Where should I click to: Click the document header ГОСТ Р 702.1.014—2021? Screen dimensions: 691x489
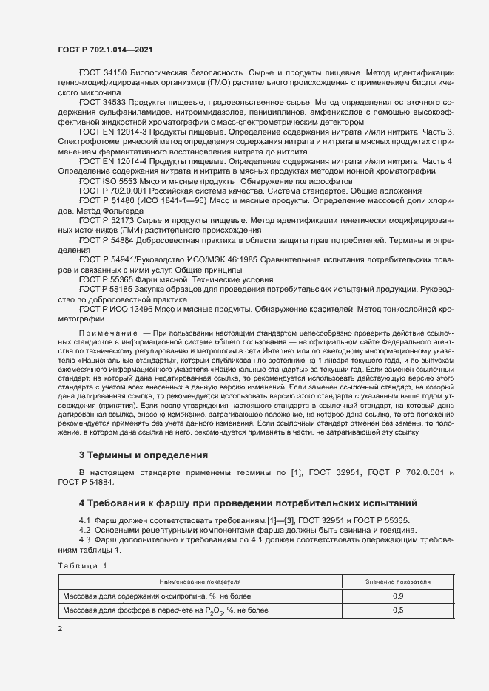point(105,49)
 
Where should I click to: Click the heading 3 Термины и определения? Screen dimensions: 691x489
point(143,454)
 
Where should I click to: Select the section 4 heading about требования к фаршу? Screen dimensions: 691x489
point(248,503)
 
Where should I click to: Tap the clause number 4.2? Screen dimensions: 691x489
point(84,530)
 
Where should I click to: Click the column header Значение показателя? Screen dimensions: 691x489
point(398,582)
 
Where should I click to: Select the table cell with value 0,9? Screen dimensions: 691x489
point(398,596)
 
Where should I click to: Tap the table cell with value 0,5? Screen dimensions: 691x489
point(398,610)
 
